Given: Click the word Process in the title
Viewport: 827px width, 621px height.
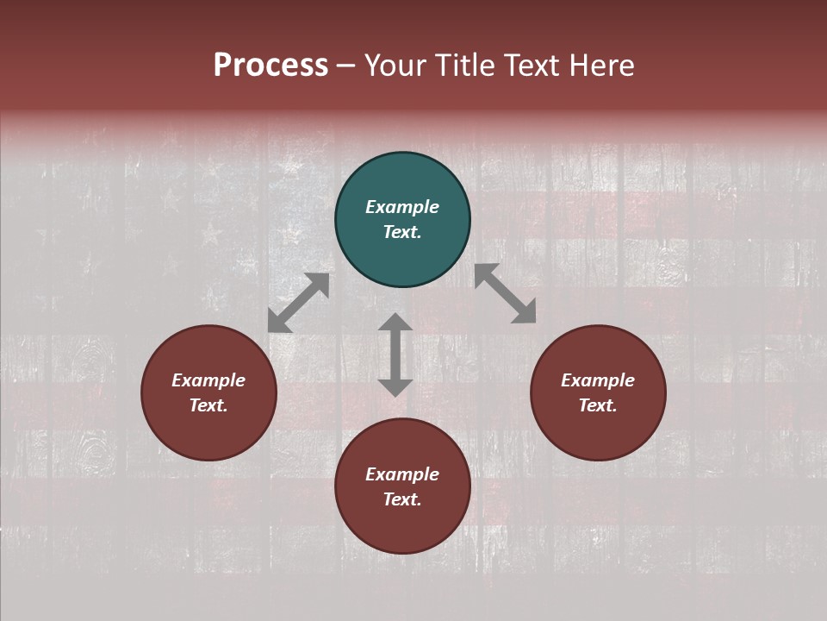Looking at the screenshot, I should click(x=270, y=66).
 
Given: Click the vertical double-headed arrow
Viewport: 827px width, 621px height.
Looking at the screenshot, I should click(x=395, y=354).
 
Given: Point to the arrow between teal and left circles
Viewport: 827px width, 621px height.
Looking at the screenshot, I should click(x=298, y=303).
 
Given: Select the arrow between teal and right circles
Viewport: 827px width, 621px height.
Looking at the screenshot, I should click(x=506, y=293).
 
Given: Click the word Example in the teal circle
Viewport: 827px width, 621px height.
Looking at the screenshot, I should click(x=402, y=207).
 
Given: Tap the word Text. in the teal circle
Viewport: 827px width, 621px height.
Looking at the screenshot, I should click(x=402, y=232).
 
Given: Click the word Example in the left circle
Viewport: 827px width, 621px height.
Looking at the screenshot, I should click(x=208, y=380).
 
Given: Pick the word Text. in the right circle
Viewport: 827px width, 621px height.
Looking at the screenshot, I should click(x=598, y=405).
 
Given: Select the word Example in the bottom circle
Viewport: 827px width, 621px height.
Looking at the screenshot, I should click(x=402, y=474).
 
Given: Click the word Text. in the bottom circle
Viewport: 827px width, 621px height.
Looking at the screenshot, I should click(x=402, y=499).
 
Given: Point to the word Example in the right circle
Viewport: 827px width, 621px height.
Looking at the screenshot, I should click(x=598, y=380).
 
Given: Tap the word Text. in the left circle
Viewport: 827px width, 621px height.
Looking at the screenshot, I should click(x=208, y=405).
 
